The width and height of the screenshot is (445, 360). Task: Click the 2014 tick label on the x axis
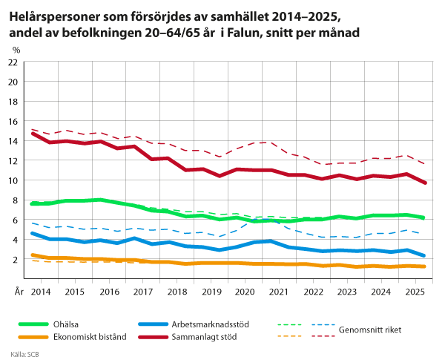pos(41,292)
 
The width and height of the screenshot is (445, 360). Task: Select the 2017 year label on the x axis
pos(142,292)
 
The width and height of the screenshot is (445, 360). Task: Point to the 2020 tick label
pos(245,292)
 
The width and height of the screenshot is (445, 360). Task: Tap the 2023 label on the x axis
pos(346,292)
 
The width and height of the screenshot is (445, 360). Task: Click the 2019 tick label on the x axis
pos(211,292)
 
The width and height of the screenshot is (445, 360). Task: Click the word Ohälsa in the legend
pos(66,324)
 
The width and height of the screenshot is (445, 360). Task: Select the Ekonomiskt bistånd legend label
pos(89,336)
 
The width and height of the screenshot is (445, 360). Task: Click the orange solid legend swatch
pos(33,337)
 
